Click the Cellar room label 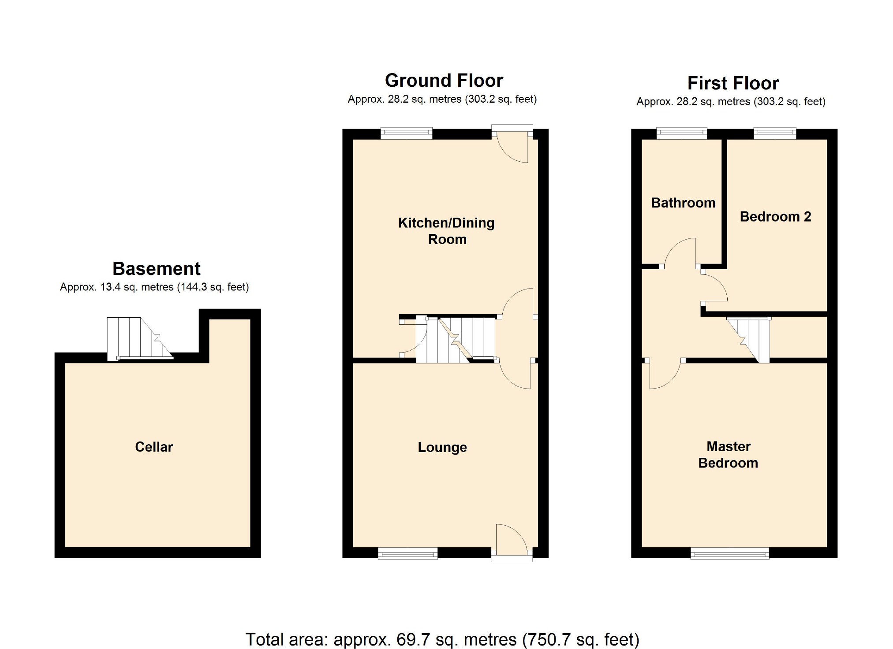coord(154,447)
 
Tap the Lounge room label coord(442,447)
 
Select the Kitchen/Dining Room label coord(446,231)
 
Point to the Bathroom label coord(683,203)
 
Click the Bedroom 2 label coord(775,216)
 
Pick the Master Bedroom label coord(728,454)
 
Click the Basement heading coord(157,268)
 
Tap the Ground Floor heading coord(444,81)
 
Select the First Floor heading coord(733,83)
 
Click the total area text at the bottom coord(442,639)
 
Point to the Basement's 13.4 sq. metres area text coord(154,287)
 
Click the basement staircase coord(138,338)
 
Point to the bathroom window coord(681,133)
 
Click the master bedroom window coord(729,553)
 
